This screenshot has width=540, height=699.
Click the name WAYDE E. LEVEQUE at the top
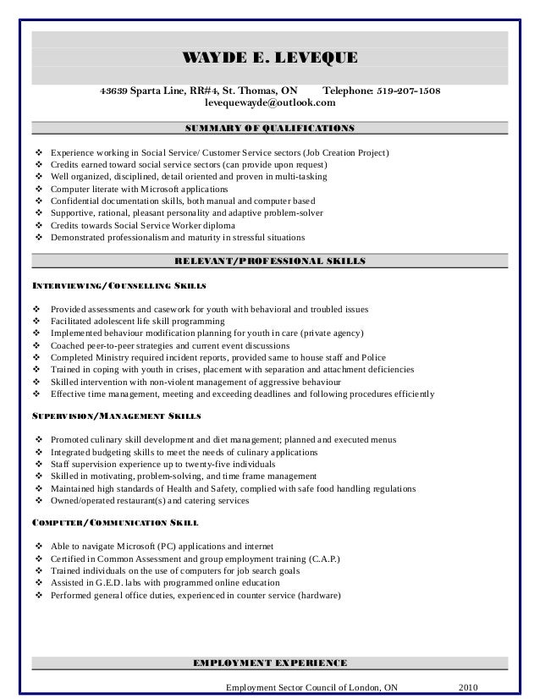point(271,58)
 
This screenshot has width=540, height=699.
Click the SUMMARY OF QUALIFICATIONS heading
point(270,129)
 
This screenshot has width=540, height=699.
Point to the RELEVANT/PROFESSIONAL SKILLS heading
point(270,261)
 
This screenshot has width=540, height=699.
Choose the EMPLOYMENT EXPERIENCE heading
point(270,660)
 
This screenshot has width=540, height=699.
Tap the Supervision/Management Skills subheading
point(116,417)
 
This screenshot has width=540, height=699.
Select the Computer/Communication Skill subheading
point(115,522)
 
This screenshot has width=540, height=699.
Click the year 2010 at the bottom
point(468,687)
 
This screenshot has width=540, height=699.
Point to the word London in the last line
point(364,687)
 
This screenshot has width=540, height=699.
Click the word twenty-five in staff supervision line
point(223,464)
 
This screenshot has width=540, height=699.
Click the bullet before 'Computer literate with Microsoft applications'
point(38,189)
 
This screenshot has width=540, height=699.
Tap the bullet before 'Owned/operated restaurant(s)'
point(38,500)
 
